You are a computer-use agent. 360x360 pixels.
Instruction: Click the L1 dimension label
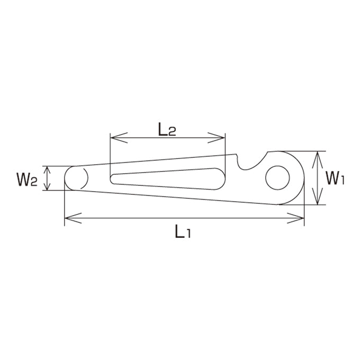[183, 231]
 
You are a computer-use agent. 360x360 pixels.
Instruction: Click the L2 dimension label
[167, 130]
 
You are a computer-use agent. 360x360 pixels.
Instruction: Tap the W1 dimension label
[335, 178]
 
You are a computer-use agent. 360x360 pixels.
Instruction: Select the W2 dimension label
[26, 179]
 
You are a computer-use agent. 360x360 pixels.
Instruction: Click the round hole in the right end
[277, 178]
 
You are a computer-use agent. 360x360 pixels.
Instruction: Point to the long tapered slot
[168, 179]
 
